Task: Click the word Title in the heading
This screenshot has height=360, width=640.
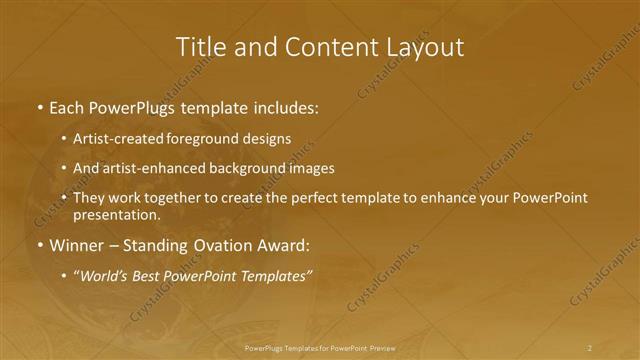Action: (199, 47)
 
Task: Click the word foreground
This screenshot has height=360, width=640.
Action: (207, 139)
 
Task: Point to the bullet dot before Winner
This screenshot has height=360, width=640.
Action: (39, 245)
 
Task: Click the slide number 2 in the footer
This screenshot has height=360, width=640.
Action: (590, 348)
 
